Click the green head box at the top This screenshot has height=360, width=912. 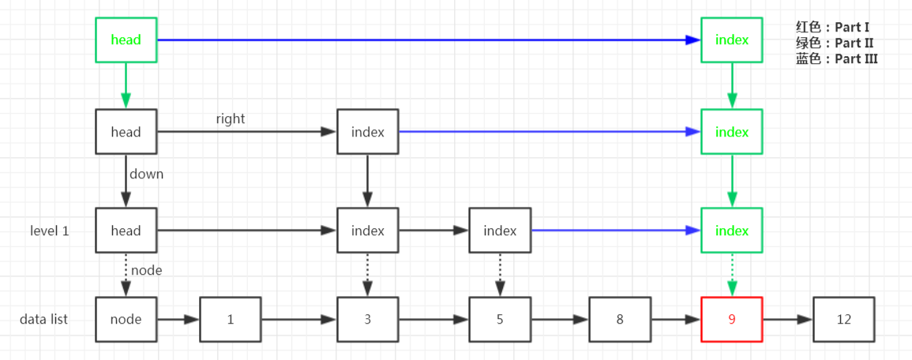126,39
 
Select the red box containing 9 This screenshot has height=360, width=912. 731,320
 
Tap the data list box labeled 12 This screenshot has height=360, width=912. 844,320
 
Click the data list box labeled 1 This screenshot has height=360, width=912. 230,320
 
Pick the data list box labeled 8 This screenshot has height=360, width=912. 619,320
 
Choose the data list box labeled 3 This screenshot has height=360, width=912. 367,320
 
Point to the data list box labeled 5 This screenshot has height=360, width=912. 499,320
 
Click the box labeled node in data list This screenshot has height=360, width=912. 126,320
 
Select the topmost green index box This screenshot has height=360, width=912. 731,39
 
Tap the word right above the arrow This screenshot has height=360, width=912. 231,119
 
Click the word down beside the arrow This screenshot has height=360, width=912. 146,174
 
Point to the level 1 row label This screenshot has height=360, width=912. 50,231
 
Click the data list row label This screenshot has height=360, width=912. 44,320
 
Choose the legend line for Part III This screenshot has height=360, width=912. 836,58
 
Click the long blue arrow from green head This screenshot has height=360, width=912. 426,39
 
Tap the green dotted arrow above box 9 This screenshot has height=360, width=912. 731,275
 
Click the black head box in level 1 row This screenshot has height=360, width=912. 126,231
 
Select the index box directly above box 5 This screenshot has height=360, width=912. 499,231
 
